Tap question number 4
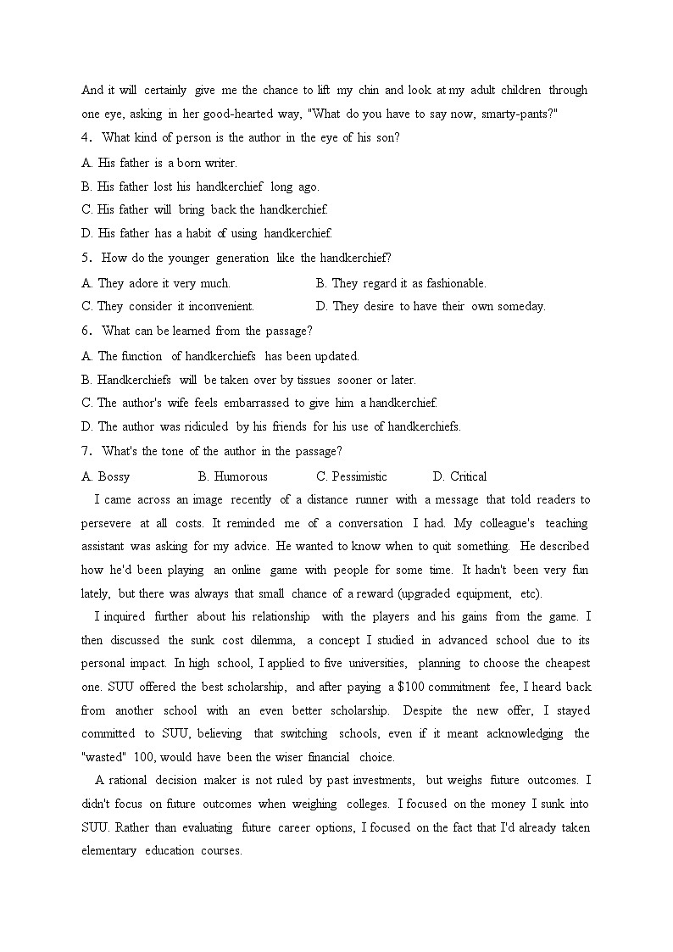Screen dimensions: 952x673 (x=86, y=138)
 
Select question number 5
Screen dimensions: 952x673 (x=86, y=258)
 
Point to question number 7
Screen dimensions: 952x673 (x=86, y=451)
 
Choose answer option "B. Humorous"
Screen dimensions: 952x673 (x=232, y=476)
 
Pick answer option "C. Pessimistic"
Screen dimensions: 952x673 (x=351, y=476)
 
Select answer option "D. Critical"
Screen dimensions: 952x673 (x=459, y=476)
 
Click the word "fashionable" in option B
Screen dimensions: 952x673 (x=453, y=283)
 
